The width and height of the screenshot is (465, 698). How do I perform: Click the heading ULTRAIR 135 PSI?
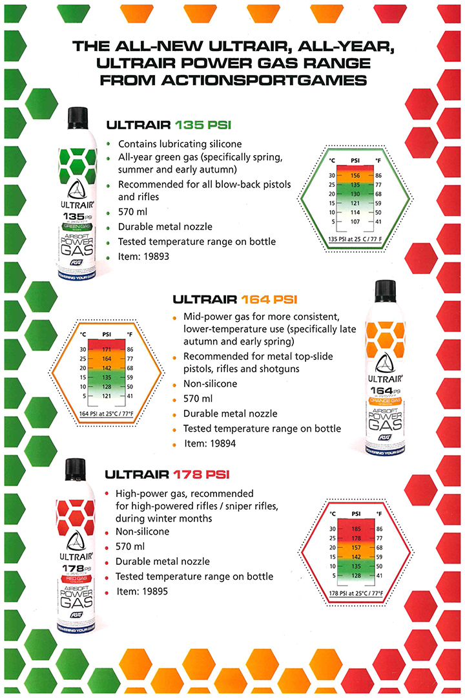(x=172, y=125)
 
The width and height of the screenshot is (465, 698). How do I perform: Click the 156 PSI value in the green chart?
(x=355, y=175)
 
